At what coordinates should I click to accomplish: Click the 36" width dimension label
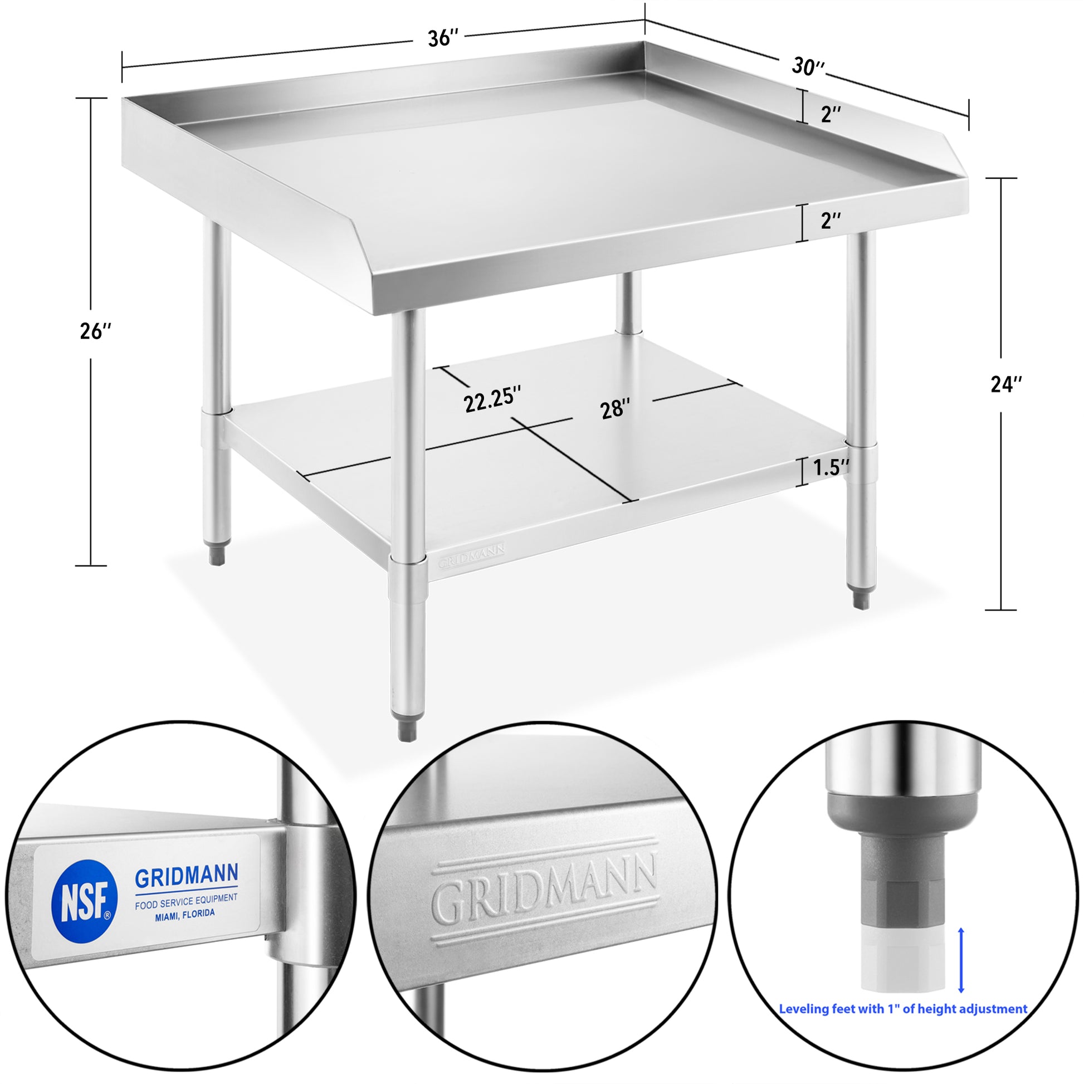[x=443, y=38]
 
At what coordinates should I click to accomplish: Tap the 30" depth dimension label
[x=808, y=67]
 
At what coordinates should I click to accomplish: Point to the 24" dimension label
[x=1006, y=384]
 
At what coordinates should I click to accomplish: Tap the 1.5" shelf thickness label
[x=831, y=467]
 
